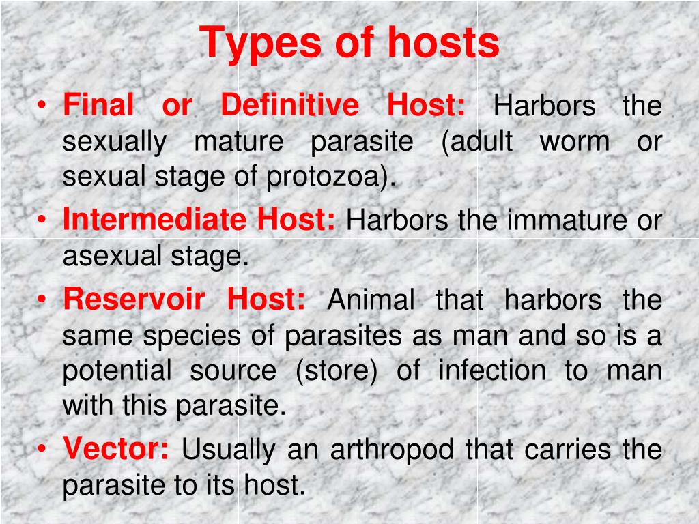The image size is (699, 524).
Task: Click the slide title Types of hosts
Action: pos(349,44)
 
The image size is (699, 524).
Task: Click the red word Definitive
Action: pos(289,106)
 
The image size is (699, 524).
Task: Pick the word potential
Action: pos(117,372)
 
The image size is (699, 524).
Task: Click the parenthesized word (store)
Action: pos(335,372)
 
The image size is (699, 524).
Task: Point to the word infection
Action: pos(491,372)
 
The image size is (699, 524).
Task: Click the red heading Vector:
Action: pos(116,449)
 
